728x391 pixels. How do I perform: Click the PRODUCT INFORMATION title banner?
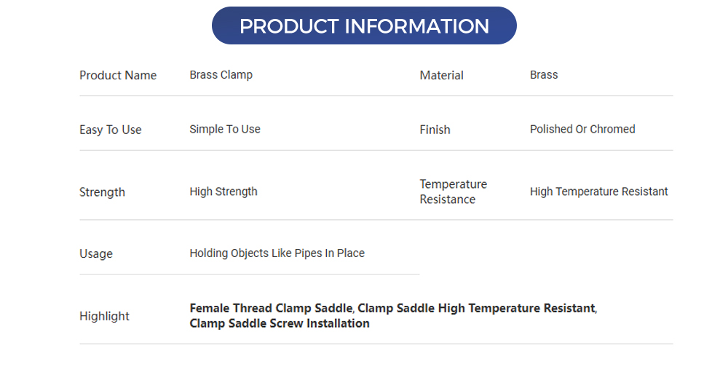click(364, 26)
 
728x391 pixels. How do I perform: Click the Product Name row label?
click(118, 75)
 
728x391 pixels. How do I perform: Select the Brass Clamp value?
click(221, 74)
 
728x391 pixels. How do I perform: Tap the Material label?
click(441, 75)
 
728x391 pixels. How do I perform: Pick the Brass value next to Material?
click(544, 74)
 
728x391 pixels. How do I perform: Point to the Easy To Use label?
click(111, 130)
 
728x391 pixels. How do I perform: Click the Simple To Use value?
click(225, 129)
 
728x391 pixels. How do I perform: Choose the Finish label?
click(435, 130)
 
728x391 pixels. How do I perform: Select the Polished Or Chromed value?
click(582, 129)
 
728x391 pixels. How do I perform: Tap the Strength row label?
click(102, 192)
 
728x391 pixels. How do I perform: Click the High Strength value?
click(223, 191)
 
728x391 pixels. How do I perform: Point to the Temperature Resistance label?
click(453, 191)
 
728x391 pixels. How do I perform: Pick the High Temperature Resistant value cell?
click(598, 191)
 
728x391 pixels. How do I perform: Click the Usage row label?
click(96, 253)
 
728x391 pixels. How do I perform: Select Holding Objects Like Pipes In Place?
click(277, 253)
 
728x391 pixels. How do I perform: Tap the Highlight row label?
click(104, 316)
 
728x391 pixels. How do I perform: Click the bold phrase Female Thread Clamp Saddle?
click(271, 308)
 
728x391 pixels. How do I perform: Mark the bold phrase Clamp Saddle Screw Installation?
click(280, 323)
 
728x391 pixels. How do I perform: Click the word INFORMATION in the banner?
click(416, 26)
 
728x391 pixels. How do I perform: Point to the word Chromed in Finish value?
click(612, 129)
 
